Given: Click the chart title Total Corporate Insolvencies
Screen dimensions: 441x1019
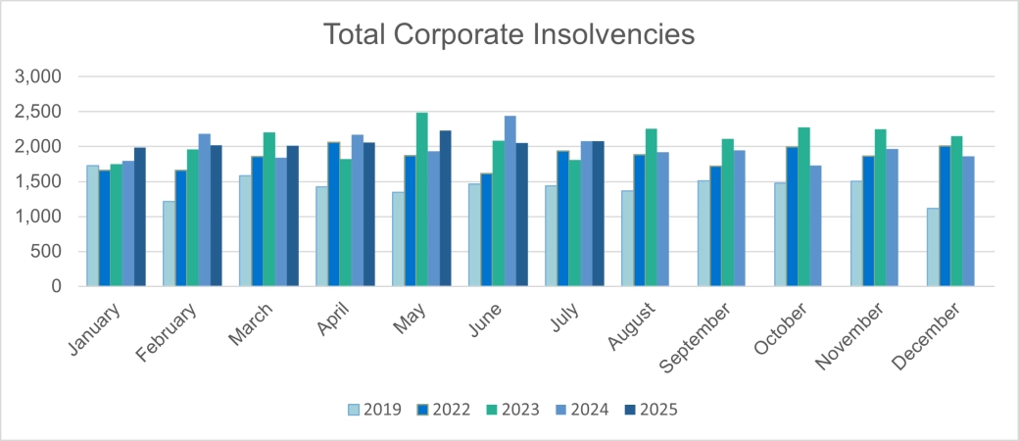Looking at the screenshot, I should pos(509,33).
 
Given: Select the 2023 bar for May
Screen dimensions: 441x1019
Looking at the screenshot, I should pos(421,200).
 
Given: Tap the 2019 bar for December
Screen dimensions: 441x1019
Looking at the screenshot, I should pos(933,247).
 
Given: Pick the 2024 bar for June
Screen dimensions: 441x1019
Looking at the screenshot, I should pos(510,201).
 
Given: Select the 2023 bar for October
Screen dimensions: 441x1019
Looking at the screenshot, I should pos(803,207).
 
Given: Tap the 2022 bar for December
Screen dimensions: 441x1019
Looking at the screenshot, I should pos(945,216).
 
